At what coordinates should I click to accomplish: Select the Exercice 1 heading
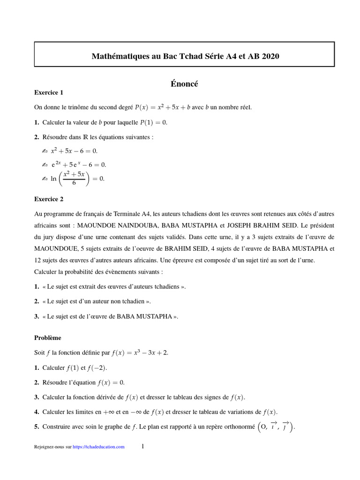(48, 92)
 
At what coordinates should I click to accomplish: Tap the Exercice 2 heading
(49, 199)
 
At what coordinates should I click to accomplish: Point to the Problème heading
(47, 337)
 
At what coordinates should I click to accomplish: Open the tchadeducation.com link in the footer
(99, 447)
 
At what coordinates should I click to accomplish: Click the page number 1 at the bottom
(142, 447)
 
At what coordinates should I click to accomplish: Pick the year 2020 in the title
(270, 56)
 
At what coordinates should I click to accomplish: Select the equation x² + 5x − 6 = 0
(74, 151)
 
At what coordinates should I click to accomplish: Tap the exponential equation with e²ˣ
(79, 165)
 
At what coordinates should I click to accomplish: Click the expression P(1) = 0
(150, 122)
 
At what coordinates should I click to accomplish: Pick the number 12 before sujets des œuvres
(38, 260)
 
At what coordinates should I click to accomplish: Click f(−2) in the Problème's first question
(103, 368)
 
